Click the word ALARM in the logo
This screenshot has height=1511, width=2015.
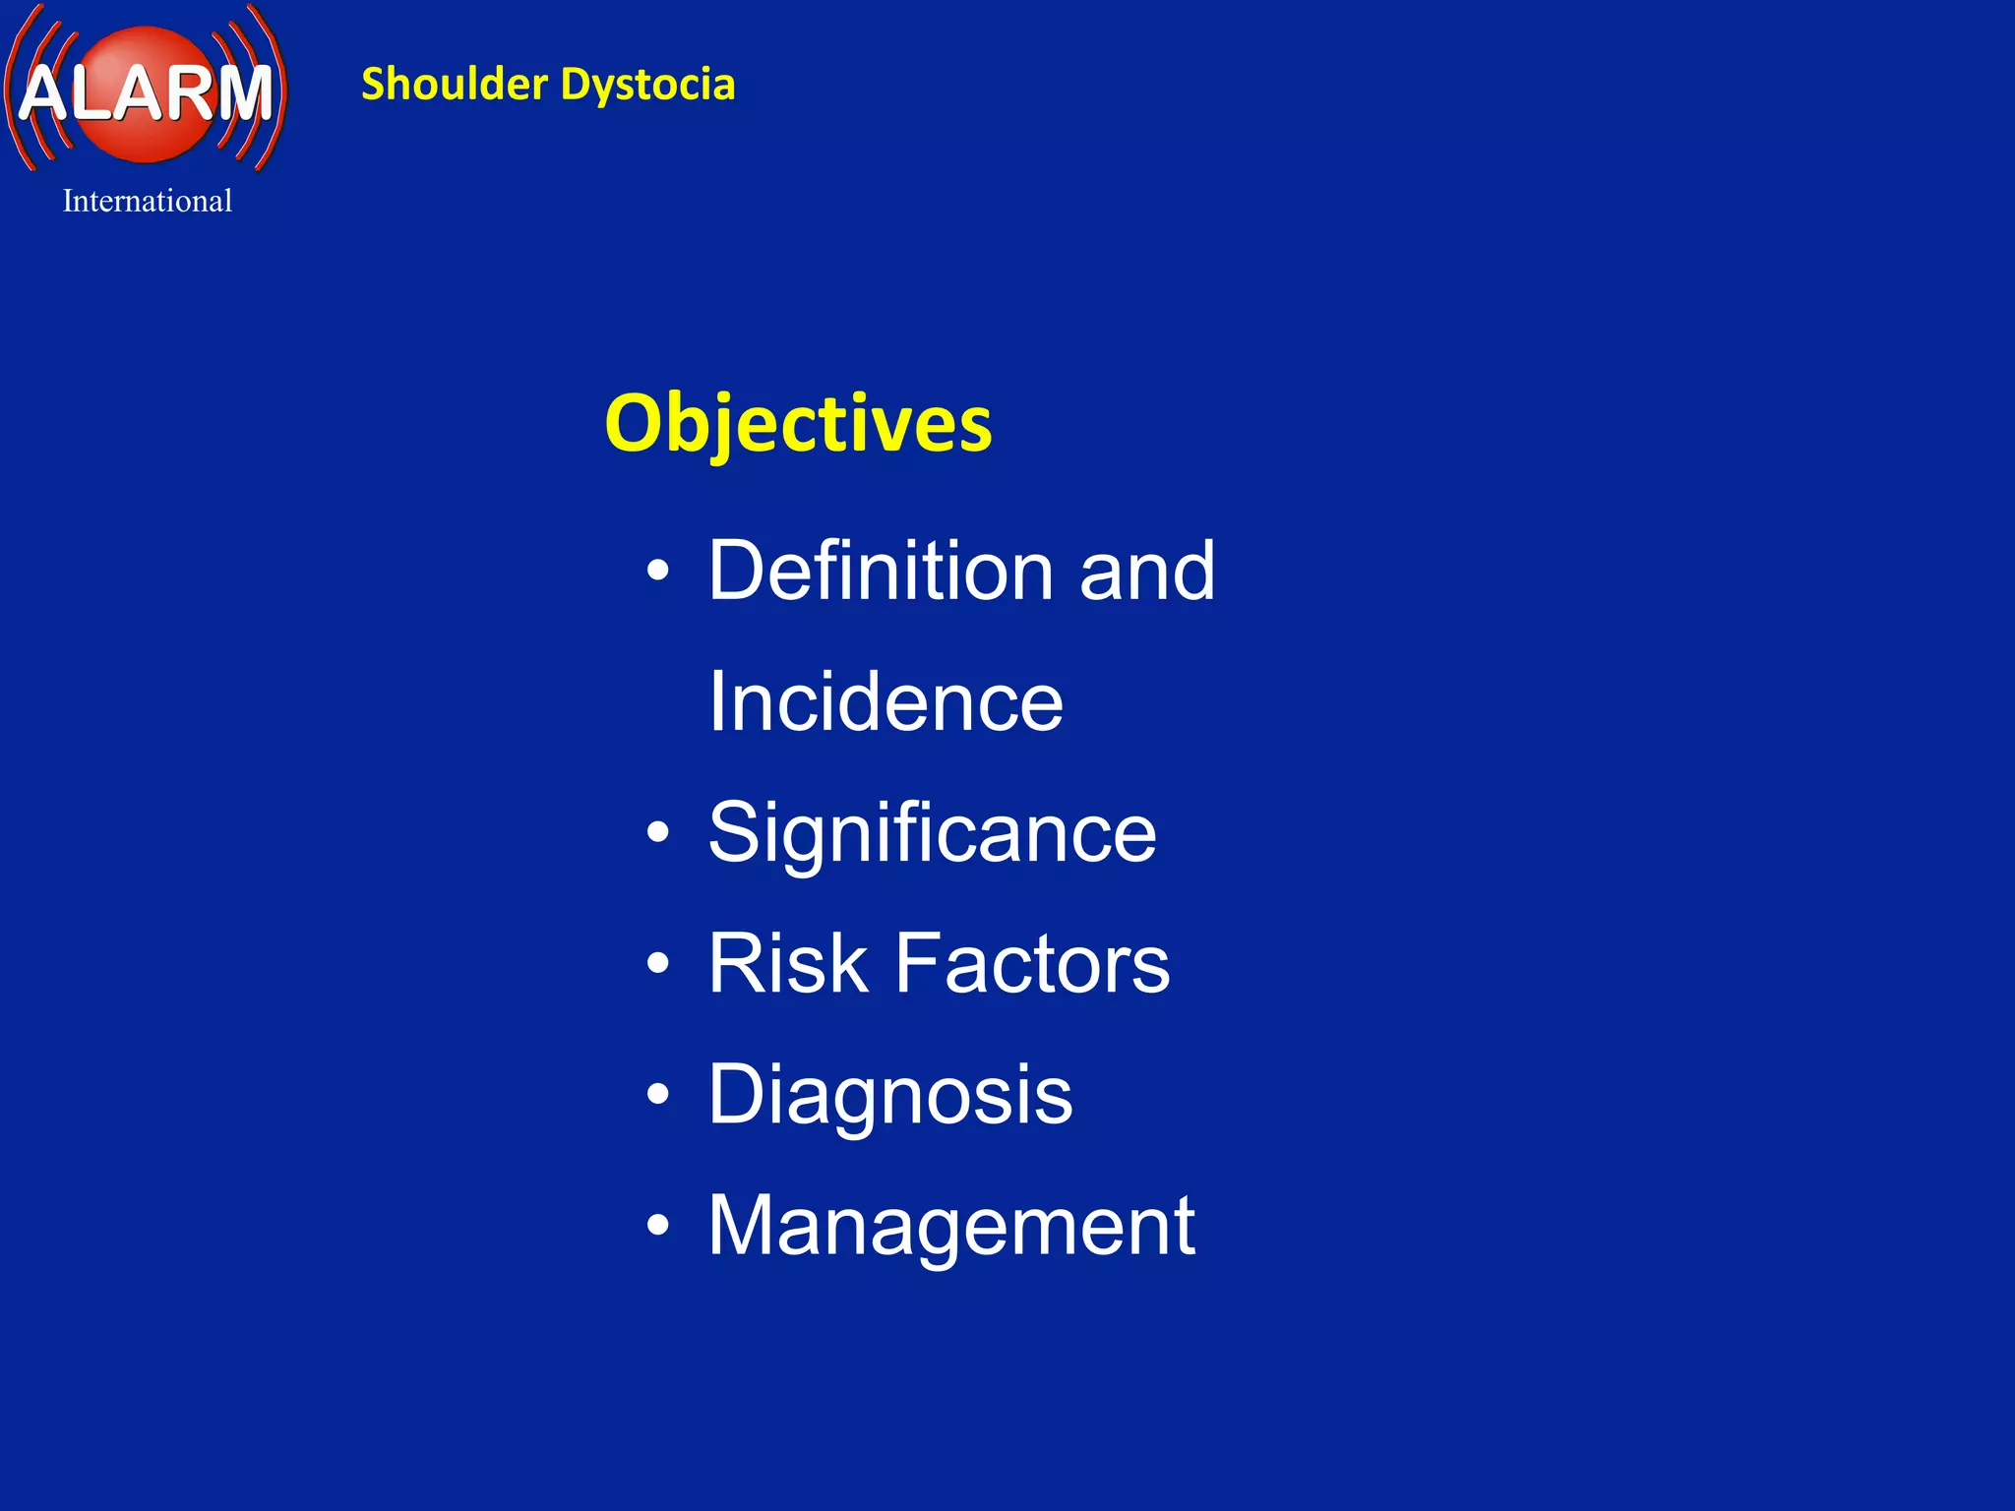click(146, 93)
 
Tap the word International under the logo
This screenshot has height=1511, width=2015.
click(148, 201)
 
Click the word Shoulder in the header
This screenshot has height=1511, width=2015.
click(454, 85)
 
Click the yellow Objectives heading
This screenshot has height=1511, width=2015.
click(798, 423)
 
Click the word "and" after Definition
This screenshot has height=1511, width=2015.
click(1147, 573)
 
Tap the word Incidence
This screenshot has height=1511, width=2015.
click(885, 701)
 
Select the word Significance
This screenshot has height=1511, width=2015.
click(932, 833)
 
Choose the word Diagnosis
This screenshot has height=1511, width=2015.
click(889, 1095)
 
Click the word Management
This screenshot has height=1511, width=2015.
click(951, 1227)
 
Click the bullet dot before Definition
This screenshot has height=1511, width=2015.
click(658, 571)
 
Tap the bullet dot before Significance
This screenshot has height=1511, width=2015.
click(658, 833)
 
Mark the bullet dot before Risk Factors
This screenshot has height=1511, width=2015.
click(658, 964)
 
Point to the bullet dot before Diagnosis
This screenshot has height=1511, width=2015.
click(658, 1095)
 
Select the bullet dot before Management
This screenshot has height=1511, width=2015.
click(658, 1226)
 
